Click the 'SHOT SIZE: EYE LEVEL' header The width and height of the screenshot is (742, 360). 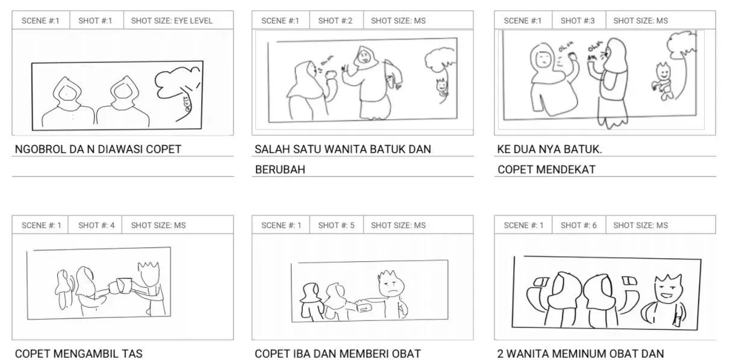172,20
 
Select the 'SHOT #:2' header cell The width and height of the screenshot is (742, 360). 335,20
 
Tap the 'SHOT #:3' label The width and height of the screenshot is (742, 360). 578,20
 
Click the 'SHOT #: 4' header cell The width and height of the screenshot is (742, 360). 96,225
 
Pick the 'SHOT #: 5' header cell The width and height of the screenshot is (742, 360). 336,225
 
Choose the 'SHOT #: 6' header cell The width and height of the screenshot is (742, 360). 578,225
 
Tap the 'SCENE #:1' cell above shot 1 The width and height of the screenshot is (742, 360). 40,20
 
